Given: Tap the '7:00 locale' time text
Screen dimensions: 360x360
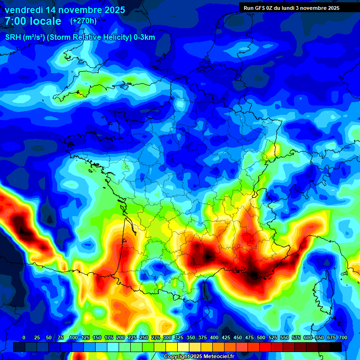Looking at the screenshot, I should pyautogui.click(x=33, y=21).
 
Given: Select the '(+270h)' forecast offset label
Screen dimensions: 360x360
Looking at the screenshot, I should pyautogui.click(x=83, y=21).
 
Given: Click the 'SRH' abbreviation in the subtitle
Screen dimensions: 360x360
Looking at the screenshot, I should pyautogui.click(x=13, y=37).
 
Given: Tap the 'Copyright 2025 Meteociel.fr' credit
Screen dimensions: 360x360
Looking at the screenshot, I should pyautogui.click(x=199, y=356).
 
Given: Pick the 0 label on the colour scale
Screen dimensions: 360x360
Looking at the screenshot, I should pyautogui.click(x=24, y=337).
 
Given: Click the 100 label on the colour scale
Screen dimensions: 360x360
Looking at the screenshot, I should pyautogui.click(x=74, y=337).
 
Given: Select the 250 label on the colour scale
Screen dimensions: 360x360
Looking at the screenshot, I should pyautogui.click(x=144, y=337).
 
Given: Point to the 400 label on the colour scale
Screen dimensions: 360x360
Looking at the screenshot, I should pyautogui.click(x=214, y=337).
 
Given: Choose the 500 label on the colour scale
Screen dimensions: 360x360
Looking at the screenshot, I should pyautogui.click(x=261, y=337).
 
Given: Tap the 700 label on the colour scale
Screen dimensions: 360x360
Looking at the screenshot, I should pyautogui.click(x=343, y=337).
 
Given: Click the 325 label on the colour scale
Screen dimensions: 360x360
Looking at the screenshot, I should pyautogui.click(x=179, y=337).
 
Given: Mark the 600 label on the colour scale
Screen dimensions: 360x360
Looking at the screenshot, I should pyautogui.click(x=308, y=337).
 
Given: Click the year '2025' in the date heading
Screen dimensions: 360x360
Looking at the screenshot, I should pyautogui.click(x=113, y=10).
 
